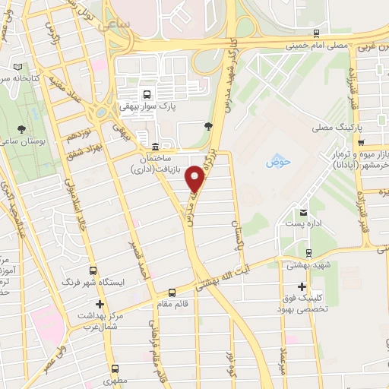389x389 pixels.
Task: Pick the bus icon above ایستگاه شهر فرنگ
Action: click(93, 270)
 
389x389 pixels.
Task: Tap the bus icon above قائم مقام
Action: click(172, 292)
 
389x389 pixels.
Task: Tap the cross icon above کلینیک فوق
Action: click(302, 287)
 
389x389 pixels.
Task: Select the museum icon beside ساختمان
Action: click(156, 147)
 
